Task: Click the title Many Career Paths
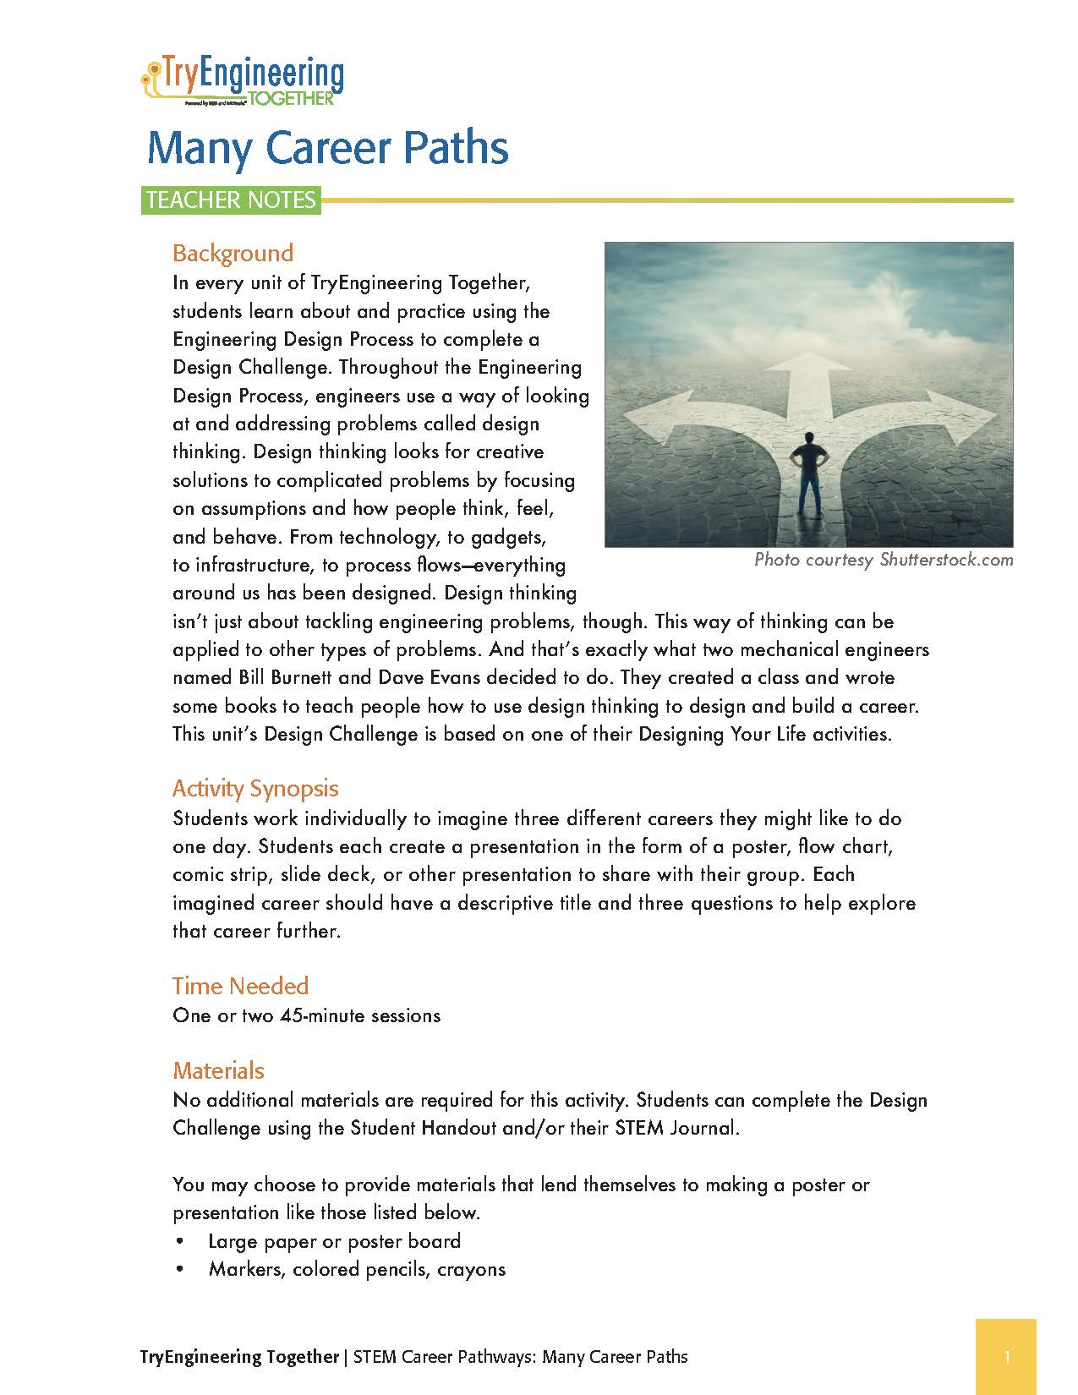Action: (327, 148)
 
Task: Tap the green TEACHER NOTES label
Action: (231, 200)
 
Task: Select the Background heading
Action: (233, 253)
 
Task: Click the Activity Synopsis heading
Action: (255, 789)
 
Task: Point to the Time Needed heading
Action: (240, 986)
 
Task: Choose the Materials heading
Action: (218, 1070)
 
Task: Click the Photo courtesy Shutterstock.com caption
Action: (884, 560)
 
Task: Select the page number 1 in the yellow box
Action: (1007, 1357)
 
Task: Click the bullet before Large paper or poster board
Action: (179, 1242)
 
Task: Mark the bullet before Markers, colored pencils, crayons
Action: (179, 1270)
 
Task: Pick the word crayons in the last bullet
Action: (471, 1270)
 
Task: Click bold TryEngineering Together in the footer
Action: (239, 1357)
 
